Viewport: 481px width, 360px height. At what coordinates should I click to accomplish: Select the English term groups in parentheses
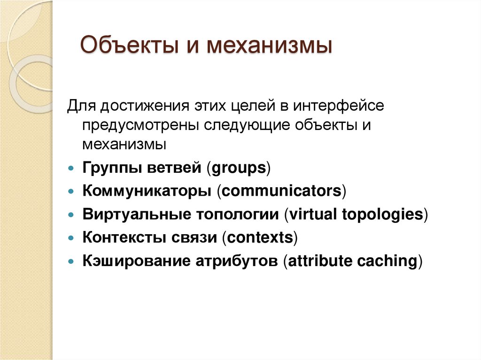(x=239, y=168)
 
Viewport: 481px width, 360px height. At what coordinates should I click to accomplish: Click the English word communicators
(x=281, y=191)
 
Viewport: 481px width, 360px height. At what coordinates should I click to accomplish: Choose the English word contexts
(x=260, y=238)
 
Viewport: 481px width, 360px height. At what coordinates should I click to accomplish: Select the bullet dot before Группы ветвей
(x=70, y=169)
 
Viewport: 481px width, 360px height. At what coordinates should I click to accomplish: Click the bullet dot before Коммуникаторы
(x=70, y=192)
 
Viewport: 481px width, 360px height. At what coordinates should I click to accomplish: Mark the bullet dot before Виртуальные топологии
(x=70, y=215)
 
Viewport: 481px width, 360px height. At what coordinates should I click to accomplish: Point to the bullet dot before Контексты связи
(x=70, y=238)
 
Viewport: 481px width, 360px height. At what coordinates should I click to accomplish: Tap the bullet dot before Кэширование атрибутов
(x=70, y=261)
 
